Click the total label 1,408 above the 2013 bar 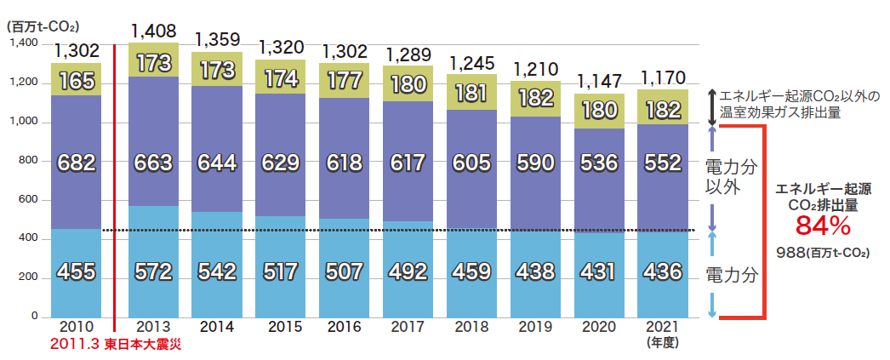[x=153, y=31]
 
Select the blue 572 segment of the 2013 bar [x=153, y=271]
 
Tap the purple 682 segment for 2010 [x=76, y=162]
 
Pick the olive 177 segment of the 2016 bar [x=345, y=80]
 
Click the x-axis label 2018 [x=472, y=326]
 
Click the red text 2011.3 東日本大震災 [x=116, y=345]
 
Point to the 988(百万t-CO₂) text [x=822, y=253]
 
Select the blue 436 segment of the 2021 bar [x=664, y=272]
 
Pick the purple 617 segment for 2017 [x=408, y=161]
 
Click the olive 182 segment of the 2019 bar [x=536, y=98]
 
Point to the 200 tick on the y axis [x=29, y=277]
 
